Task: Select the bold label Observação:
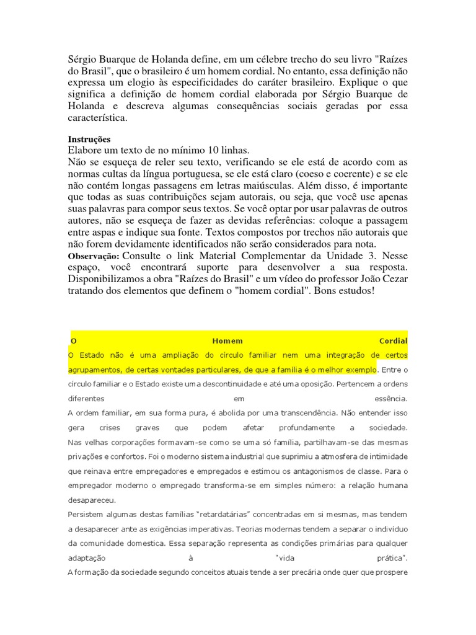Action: [93, 256]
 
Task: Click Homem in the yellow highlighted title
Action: [227, 341]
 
